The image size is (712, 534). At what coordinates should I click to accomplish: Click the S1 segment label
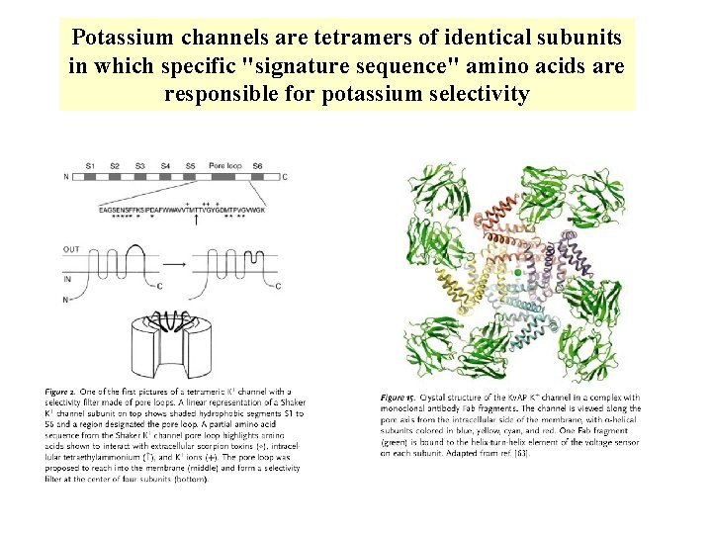point(91,165)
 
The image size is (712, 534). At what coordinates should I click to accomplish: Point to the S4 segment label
point(165,165)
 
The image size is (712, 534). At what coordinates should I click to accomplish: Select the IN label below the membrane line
point(68,279)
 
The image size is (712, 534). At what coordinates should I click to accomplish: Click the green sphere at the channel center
point(517,271)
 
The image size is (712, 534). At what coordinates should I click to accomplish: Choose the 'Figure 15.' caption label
point(400,397)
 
